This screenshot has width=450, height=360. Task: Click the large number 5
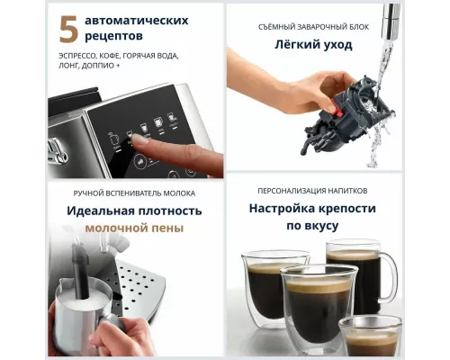pyautogui.click(x=68, y=31)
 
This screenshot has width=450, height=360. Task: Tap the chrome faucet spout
pyautogui.click(x=391, y=15)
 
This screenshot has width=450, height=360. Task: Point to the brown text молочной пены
pyautogui.click(x=134, y=229)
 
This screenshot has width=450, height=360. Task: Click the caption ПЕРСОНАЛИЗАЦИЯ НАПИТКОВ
pyautogui.click(x=313, y=191)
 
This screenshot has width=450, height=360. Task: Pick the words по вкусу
pyautogui.click(x=314, y=226)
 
